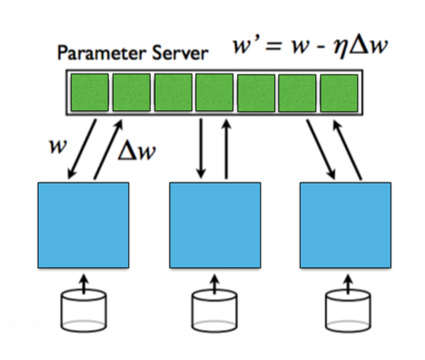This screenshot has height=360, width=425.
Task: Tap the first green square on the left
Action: pos(89,93)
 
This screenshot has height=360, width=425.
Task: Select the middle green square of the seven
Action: pos(214,93)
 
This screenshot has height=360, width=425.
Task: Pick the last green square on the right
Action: pos(338,93)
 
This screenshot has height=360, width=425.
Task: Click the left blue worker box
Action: pos(83,225)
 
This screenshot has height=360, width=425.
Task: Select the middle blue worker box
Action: pos(215,225)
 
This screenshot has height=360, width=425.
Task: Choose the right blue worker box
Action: pos(345,225)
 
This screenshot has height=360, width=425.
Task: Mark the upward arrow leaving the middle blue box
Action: pos(226,149)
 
